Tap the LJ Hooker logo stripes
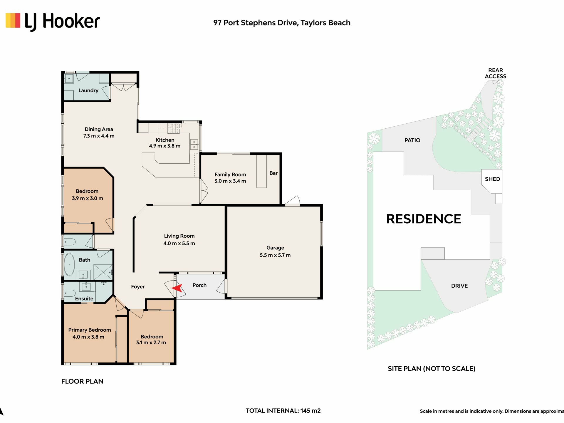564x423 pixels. [x=13, y=20]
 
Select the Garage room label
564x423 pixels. [x=275, y=248]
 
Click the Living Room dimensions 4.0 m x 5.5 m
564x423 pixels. [x=179, y=243]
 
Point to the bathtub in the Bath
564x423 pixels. [x=69, y=264]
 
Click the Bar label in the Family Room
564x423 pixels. [x=273, y=173]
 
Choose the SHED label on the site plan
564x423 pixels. [x=492, y=179]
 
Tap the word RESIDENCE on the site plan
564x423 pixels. [x=424, y=219]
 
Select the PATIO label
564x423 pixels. [x=412, y=140]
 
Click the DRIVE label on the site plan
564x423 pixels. [x=459, y=286]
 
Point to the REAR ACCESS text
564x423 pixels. [x=496, y=73]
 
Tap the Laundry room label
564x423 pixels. [x=88, y=90]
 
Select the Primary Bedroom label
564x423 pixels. [x=90, y=330]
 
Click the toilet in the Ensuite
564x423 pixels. [x=70, y=293]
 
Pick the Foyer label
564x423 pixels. [x=138, y=287]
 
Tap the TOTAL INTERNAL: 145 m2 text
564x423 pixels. [x=283, y=411]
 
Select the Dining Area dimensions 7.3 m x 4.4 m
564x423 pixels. [x=99, y=136]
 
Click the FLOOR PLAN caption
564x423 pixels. [x=82, y=381]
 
